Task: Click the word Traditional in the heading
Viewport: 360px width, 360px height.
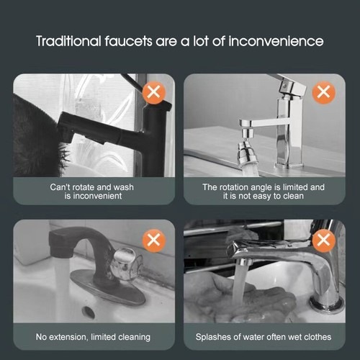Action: (68, 41)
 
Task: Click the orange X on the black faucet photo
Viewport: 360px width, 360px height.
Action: (154, 93)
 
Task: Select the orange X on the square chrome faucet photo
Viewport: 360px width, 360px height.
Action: (323, 92)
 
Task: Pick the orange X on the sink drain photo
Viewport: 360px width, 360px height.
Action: (154, 240)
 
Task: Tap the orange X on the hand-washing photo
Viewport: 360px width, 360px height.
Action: (323, 240)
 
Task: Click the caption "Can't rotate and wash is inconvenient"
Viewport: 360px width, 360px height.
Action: (92, 192)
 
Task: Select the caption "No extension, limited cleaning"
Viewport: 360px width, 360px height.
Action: (93, 337)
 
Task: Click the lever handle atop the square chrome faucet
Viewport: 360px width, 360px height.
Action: (287, 84)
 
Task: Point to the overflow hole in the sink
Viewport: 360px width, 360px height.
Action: (88, 311)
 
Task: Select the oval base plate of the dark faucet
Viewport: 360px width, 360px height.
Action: (107, 289)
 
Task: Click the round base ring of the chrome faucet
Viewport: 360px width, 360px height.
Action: (328, 305)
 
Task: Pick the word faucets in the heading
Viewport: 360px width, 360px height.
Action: (128, 41)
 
